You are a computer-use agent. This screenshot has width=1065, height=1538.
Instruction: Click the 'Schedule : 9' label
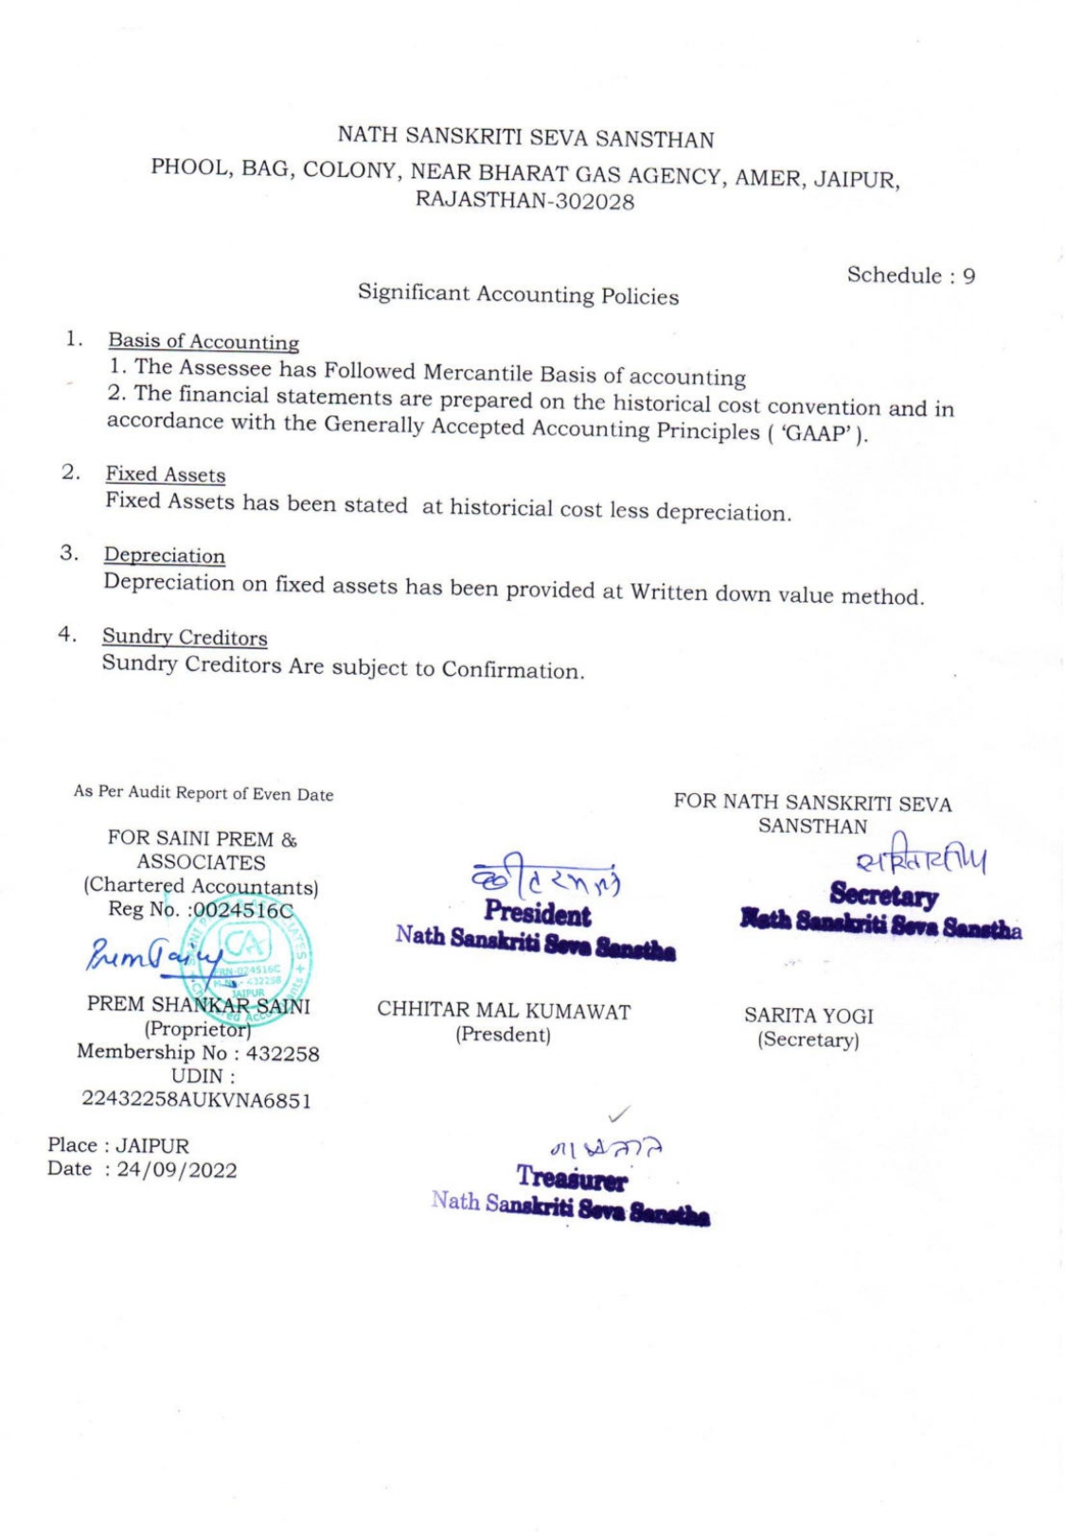tap(910, 275)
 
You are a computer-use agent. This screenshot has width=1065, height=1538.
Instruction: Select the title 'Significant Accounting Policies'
tap(518, 294)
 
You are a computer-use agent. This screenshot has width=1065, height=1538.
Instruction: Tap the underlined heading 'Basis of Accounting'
tap(204, 342)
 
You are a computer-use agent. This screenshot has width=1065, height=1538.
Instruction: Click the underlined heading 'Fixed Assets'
tap(166, 474)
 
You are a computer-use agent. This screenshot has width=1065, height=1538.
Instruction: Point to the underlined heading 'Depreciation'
tap(165, 556)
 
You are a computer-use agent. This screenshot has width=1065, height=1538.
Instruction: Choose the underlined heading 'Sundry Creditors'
tap(185, 637)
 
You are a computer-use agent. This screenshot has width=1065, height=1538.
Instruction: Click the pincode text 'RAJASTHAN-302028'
tap(525, 201)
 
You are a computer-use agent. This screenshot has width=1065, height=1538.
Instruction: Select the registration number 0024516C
tap(243, 910)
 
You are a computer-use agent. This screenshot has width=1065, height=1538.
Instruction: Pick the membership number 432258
tap(282, 1053)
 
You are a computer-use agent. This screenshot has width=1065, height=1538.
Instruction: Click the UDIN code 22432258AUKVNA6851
tap(196, 1100)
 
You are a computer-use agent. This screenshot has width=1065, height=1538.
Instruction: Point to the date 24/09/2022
tap(177, 1170)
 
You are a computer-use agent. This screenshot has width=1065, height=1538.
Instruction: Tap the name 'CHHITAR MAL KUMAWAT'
tap(504, 1011)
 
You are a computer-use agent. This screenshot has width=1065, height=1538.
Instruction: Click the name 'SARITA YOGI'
tap(808, 1016)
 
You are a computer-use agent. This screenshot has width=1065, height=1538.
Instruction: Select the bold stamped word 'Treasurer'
tap(572, 1178)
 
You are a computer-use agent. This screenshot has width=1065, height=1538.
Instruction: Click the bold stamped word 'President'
tap(537, 914)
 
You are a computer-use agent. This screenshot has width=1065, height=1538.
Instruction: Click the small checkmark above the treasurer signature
tap(620, 1119)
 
